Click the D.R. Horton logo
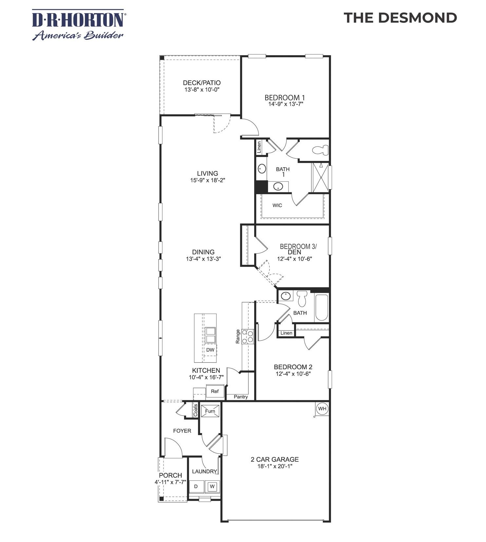pos(78,25)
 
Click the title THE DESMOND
pos(400,18)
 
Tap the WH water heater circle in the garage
pos(322,409)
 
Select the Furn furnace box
pos(210,412)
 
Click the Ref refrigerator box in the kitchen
pos(215,391)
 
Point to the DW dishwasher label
pos(210,350)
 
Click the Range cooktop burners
pos(248,337)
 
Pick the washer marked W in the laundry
pos(212,486)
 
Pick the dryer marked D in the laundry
pos(196,486)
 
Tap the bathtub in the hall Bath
pos(321,307)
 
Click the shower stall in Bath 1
pos(320,177)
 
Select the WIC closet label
pos(277,205)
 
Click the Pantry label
pos(241,397)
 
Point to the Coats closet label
pos(196,410)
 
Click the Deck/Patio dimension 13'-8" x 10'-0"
pos(202,89)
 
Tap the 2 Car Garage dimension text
pos(274,466)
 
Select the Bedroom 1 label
pos(285,97)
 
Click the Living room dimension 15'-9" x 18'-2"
pos(208,180)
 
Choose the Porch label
pos(170,475)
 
